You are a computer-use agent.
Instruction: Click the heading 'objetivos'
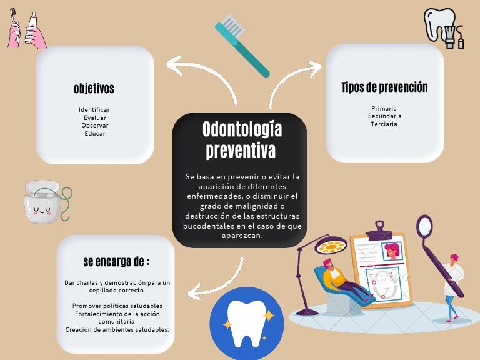(x=94, y=89)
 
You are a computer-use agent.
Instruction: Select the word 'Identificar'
(x=94, y=110)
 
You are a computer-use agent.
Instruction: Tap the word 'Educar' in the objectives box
(x=95, y=133)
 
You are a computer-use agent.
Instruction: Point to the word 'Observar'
(x=95, y=125)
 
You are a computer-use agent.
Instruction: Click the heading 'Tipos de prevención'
(x=384, y=87)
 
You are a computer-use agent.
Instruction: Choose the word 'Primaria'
(x=384, y=108)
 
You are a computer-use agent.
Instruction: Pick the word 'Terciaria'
(x=384, y=124)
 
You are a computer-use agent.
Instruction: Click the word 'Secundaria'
(x=384, y=116)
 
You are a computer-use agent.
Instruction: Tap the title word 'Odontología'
(x=242, y=129)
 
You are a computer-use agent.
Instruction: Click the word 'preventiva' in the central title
(x=241, y=151)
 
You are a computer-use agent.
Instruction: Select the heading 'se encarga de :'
(x=116, y=261)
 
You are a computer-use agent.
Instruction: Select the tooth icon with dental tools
(x=444, y=27)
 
